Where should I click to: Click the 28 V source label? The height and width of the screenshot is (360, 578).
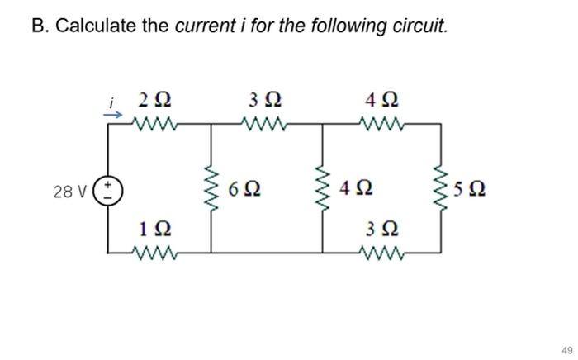[x=68, y=192]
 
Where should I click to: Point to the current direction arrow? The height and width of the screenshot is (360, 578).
[x=110, y=116]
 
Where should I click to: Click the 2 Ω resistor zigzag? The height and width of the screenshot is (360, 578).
[x=154, y=127]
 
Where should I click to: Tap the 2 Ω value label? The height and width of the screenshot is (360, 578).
[x=154, y=102]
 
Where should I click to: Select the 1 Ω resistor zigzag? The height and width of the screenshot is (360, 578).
[x=154, y=251]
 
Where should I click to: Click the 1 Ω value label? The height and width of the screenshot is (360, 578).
[x=154, y=227]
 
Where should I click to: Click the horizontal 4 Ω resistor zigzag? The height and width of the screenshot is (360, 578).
[x=380, y=127]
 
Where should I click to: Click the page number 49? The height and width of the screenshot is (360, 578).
[x=565, y=349]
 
